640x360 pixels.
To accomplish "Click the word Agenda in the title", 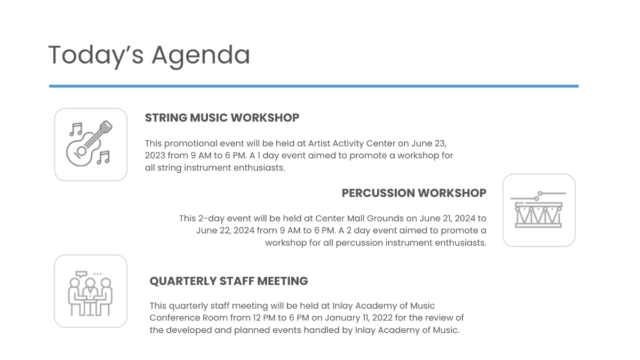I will tap(201, 55).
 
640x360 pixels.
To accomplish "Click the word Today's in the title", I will tap(96, 55).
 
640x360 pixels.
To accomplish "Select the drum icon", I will tap(539, 210).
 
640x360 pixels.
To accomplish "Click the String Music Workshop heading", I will tap(222, 118).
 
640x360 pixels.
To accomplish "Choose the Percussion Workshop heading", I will tap(414, 193).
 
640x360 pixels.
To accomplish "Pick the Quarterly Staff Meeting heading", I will tap(229, 281).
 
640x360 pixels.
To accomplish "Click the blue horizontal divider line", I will tap(314, 86).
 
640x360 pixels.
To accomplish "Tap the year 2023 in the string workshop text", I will tap(155, 156).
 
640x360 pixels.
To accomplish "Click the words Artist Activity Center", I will tap(352, 143).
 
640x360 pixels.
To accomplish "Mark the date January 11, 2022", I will tap(389, 318).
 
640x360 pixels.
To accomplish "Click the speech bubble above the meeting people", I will tap(81, 275).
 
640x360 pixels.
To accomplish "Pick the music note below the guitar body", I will tap(103, 157).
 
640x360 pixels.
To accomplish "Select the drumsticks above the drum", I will tap(539, 194).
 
